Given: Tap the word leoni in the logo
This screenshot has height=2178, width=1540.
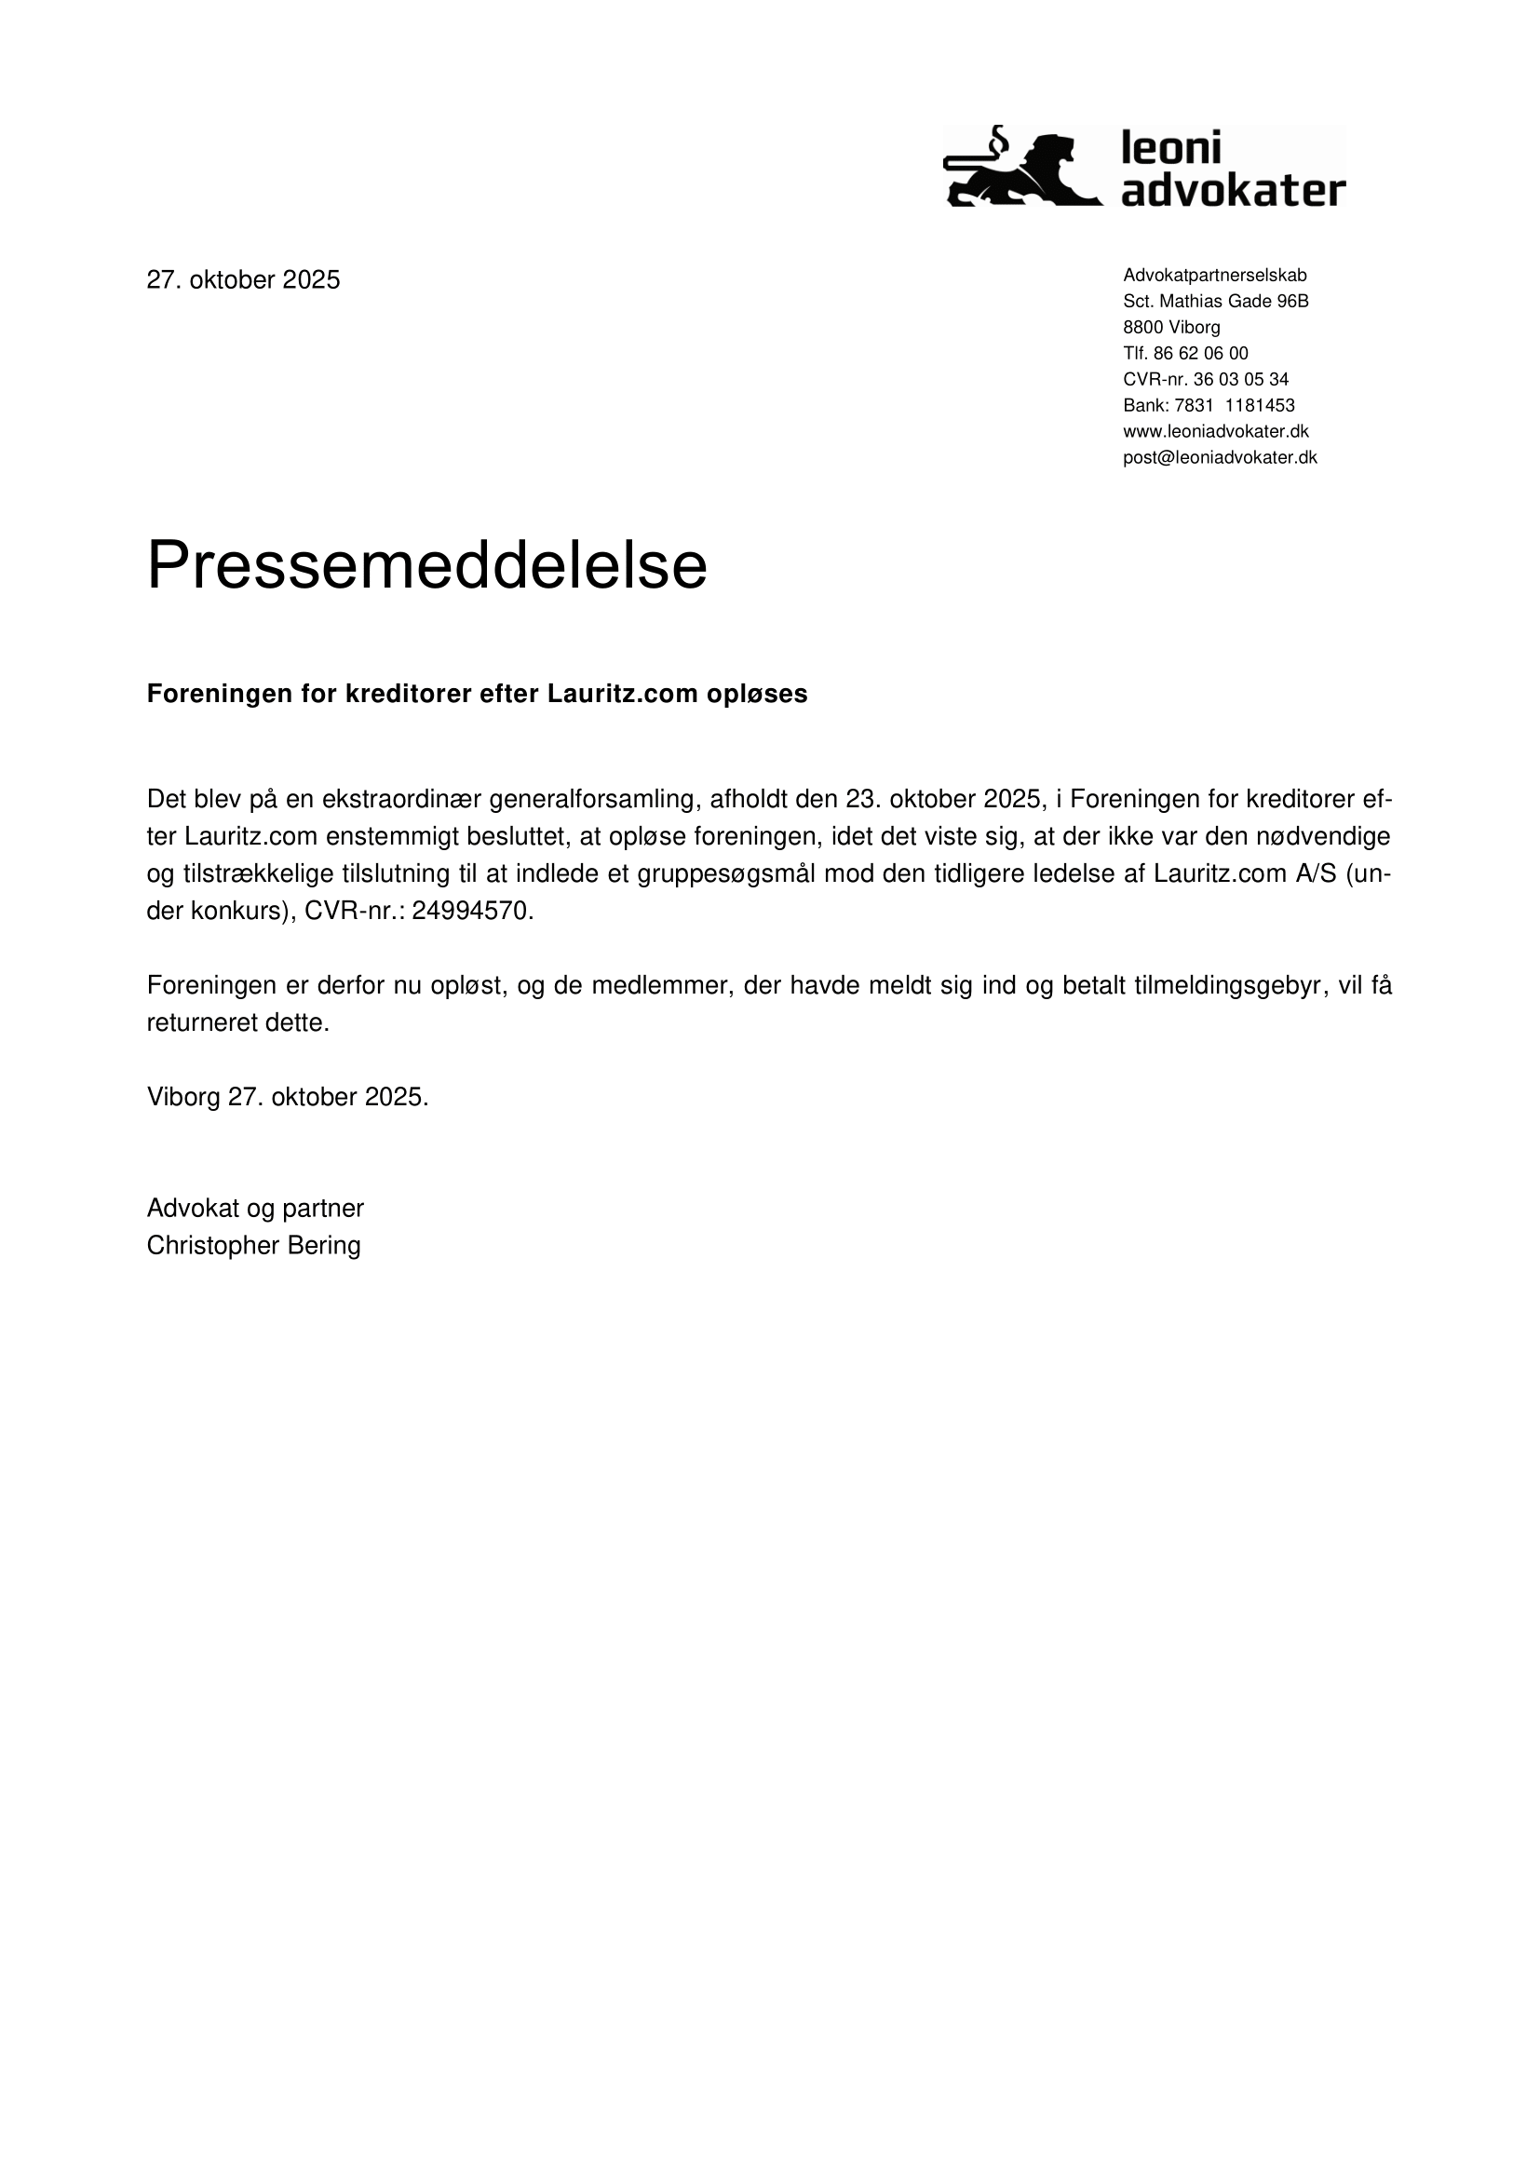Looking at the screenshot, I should tap(1171, 149).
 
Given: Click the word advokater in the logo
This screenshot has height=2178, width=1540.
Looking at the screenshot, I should tap(1233, 190).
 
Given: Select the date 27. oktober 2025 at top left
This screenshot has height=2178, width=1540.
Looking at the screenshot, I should tap(243, 280).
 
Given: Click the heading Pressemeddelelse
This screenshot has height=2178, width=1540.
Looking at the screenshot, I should tap(426, 566).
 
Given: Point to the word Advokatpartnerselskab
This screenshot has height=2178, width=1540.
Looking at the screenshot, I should tap(1215, 275).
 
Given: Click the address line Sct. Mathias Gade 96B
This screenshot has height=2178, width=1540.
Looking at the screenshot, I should tap(1216, 302).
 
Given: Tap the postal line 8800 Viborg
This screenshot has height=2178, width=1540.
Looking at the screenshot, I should tap(1171, 327).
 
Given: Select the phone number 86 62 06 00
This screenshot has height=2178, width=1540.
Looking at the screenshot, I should tap(1200, 354).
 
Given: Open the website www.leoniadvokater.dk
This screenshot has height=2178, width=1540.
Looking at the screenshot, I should tap(1216, 432).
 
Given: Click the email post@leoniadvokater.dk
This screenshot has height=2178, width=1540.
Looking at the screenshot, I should tap(1220, 458).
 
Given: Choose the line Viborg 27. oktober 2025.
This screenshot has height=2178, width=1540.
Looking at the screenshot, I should tap(288, 1098).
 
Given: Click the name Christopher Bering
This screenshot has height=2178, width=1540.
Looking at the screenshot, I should tap(253, 1246).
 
